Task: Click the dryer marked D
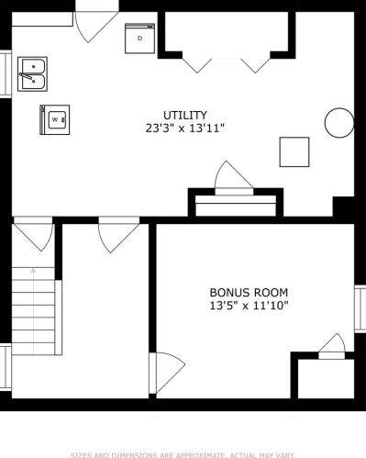(x=139, y=39)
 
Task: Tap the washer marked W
(x=55, y=119)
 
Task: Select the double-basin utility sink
(x=32, y=74)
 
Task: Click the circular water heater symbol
(x=339, y=123)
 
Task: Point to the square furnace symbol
(x=294, y=152)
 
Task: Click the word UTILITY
(x=185, y=116)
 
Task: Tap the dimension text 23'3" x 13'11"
(x=185, y=128)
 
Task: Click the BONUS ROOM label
(x=249, y=293)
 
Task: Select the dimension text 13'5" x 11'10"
(x=249, y=306)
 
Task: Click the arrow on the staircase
(x=33, y=310)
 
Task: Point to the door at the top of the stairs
(x=34, y=234)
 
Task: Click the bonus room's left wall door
(x=167, y=373)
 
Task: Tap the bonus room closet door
(x=332, y=346)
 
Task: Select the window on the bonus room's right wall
(x=360, y=308)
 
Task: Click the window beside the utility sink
(x=6, y=74)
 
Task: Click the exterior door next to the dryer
(x=96, y=27)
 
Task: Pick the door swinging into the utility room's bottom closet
(x=234, y=178)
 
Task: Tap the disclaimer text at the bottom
(x=183, y=455)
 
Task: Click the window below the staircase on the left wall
(x=6, y=367)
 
